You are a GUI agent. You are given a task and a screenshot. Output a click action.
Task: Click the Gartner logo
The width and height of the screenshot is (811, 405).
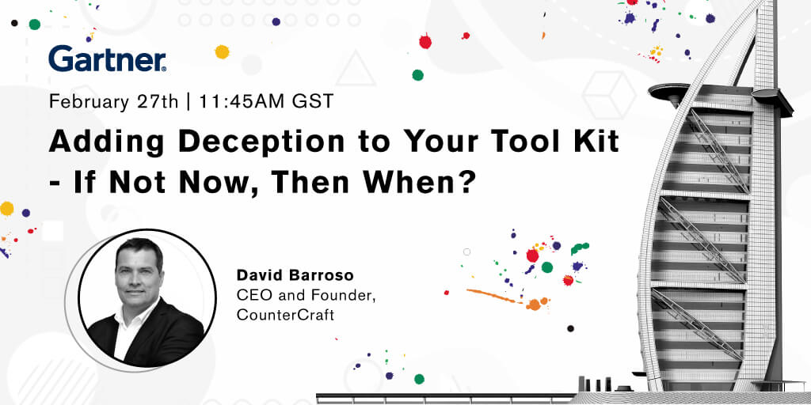pos(108,59)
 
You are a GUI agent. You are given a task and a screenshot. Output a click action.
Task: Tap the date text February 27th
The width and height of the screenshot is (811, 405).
pos(114,101)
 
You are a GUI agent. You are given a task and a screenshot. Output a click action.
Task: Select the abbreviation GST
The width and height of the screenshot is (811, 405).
pos(313,101)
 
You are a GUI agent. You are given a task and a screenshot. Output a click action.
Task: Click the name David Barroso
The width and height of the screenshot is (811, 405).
pos(295,275)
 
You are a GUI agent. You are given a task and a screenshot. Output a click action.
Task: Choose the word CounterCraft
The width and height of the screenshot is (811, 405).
pos(285,315)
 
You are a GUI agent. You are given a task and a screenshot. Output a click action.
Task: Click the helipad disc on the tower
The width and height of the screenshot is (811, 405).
pos(672,92)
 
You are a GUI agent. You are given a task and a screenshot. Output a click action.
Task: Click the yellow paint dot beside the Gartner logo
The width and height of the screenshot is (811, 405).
pos(222,51)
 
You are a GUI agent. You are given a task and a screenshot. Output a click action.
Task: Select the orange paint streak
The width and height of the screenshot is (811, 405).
pos(493,296)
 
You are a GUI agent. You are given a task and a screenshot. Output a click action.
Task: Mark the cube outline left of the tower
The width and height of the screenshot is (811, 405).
pos(609,96)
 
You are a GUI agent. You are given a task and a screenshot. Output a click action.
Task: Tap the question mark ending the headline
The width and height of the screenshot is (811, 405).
pos(467,182)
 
